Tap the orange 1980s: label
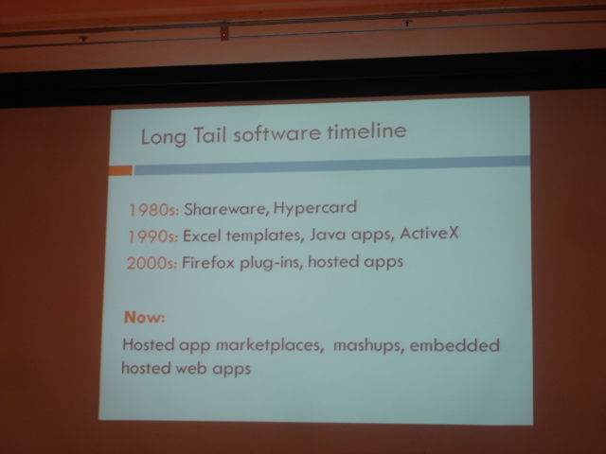[x=153, y=210]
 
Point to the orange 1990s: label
[x=153, y=236]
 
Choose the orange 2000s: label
[x=151, y=263]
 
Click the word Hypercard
[x=315, y=208]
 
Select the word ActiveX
[x=429, y=233]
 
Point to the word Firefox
[x=208, y=263]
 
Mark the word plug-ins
[x=272, y=263]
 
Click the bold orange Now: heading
[x=144, y=317]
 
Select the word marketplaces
[x=269, y=344]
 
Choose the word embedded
[x=454, y=344]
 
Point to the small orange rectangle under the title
[x=120, y=170]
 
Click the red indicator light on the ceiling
[x=223, y=36]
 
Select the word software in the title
[x=277, y=133]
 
